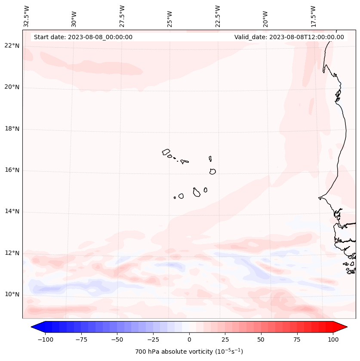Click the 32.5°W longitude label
click(27, 16)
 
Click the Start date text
click(83, 37)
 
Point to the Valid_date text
click(289, 37)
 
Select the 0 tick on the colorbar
click(189, 339)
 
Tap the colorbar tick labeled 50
click(261, 339)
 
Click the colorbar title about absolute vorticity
click(189, 352)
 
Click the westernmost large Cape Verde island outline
click(166, 151)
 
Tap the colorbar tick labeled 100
click(333, 339)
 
